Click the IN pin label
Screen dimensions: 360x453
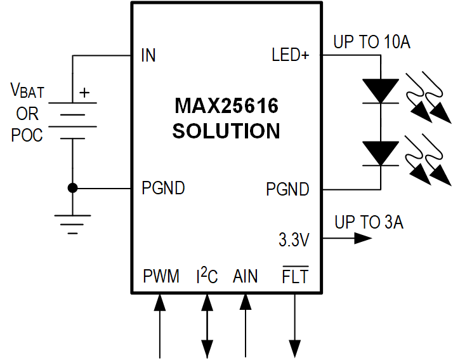click(148, 56)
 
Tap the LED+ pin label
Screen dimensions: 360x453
click(290, 56)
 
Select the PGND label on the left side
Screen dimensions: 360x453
click(164, 189)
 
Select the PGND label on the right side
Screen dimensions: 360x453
click(287, 189)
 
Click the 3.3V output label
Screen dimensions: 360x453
click(293, 240)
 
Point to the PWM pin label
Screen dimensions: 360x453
click(161, 277)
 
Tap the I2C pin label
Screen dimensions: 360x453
click(206, 276)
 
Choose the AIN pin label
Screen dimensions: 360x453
click(246, 277)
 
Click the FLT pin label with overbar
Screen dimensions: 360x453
click(295, 276)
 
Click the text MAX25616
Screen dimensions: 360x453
click(226, 105)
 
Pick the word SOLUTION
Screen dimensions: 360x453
click(226, 131)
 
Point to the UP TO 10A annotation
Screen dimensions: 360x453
click(372, 43)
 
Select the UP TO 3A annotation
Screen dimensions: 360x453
click(369, 222)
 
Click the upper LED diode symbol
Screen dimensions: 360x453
click(380, 91)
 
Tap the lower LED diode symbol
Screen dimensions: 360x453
click(380, 154)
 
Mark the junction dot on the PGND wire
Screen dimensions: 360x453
click(72, 188)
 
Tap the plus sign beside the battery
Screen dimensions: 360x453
click(84, 93)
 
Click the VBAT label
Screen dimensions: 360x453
click(27, 91)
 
